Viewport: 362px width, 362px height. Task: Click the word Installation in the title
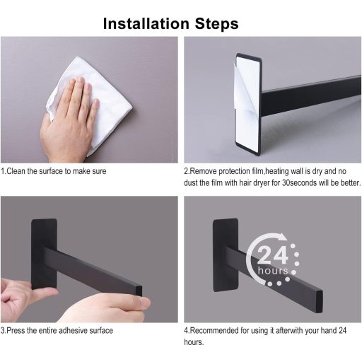tap(146, 23)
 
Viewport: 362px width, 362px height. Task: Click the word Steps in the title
tap(216, 24)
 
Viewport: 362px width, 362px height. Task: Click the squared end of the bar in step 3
tap(139, 291)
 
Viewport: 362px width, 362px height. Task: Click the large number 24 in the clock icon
tap(273, 255)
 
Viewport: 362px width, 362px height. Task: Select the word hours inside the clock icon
tap(273, 270)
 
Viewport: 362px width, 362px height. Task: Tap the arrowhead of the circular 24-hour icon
tap(282, 236)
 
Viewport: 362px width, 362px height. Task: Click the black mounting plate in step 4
tap(225, 255)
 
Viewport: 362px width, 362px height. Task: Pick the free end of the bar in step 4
tap(319, 301)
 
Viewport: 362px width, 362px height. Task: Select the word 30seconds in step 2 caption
tap(299, 182)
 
